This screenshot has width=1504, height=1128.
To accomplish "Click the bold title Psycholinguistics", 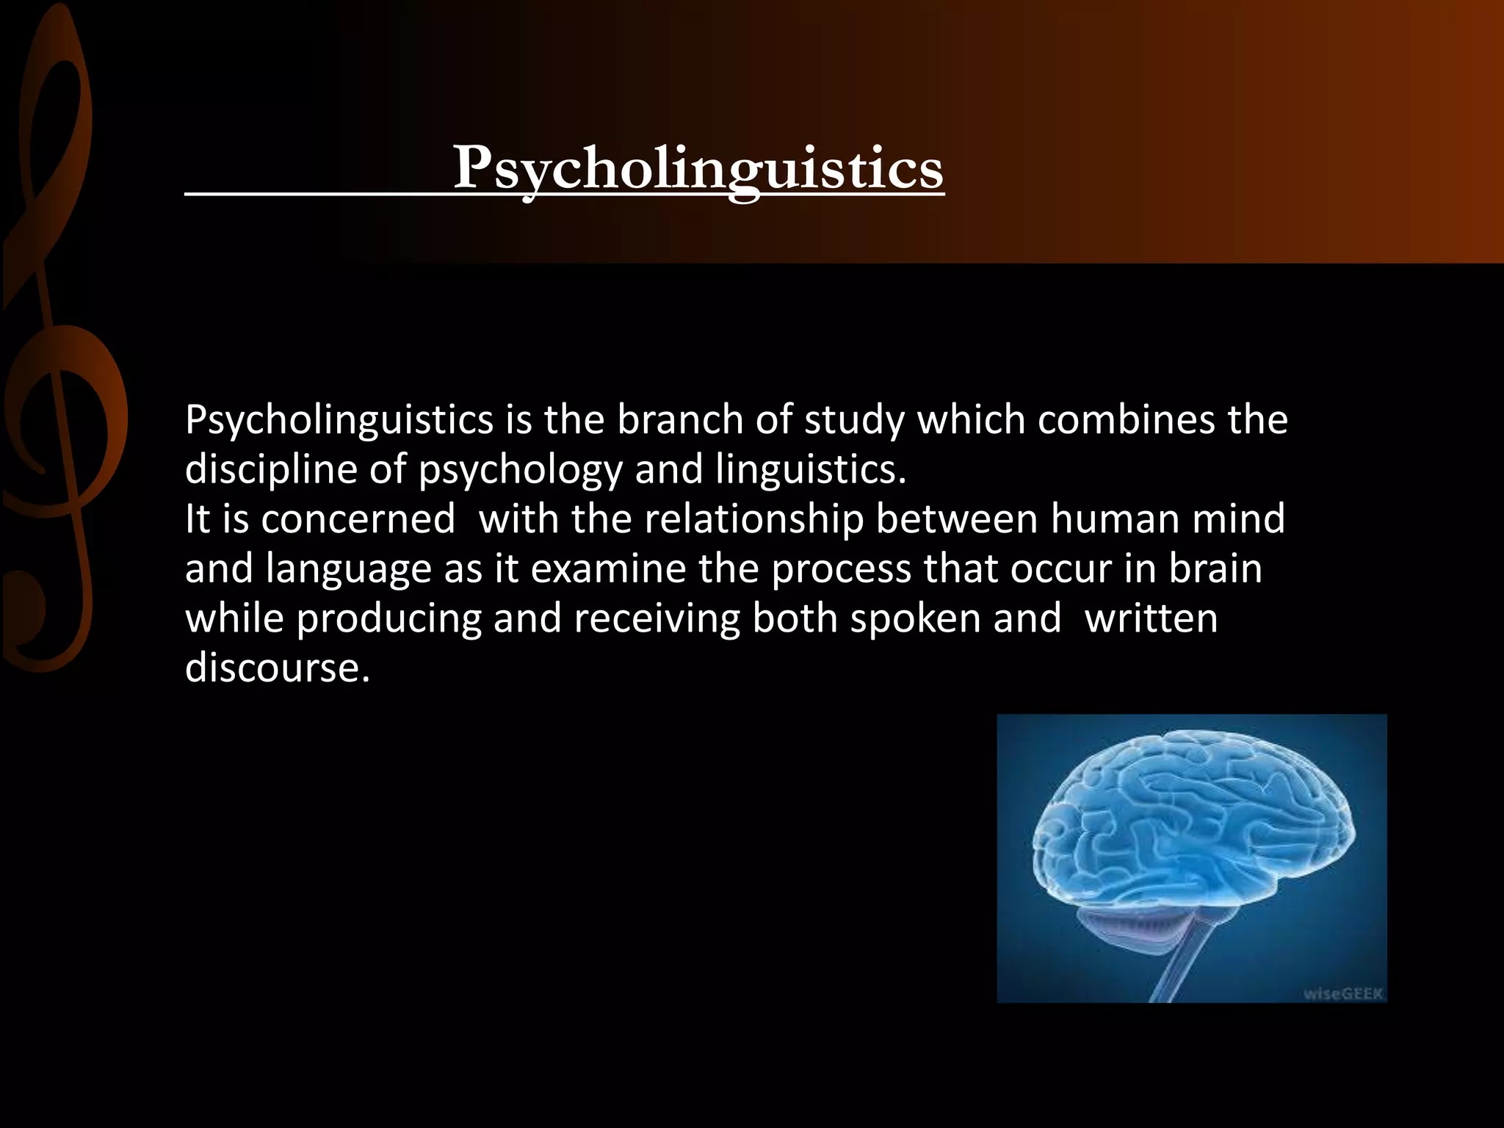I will [x=698, y=169].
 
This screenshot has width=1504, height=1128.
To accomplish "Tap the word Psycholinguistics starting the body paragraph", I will [x=339, y=421].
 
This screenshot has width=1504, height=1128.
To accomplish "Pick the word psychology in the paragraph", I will [x=520, y=470].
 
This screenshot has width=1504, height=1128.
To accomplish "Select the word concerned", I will [x=358, y=519].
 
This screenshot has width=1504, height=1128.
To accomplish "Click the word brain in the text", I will [x=1215, y=569].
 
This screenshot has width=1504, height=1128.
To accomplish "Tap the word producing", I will [x=388, y=619].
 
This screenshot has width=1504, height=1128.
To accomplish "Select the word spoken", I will [x=915, y=619].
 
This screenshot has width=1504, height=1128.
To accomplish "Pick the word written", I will [x=1151, y=619].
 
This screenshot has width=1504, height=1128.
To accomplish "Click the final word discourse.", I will [x=277, y=668].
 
